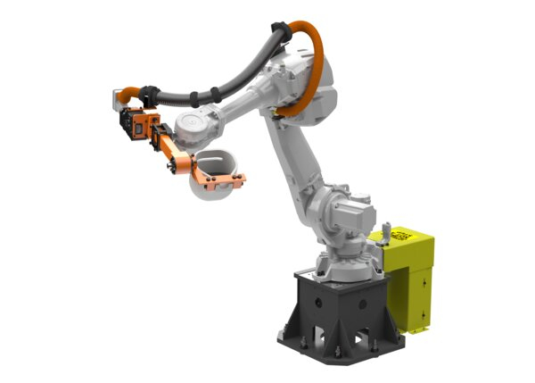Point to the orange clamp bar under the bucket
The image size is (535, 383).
click(x=218, y=185)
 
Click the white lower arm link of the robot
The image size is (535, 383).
click(x=299, y=161)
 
